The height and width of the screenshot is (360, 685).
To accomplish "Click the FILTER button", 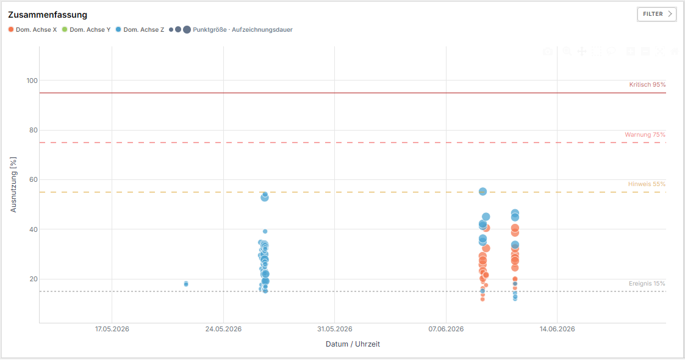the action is click(656, 14).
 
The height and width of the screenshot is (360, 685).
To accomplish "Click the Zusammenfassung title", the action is click(48, 15).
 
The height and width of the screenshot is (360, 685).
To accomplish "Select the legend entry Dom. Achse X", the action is click(32, 30).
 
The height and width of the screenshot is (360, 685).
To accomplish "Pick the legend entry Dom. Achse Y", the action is click(86, 30).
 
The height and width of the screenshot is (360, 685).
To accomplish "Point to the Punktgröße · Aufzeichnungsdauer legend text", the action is click(242, 30).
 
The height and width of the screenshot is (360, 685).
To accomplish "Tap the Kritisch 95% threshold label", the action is click(647, 85).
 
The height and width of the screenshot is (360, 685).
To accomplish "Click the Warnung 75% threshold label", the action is click(645, 135).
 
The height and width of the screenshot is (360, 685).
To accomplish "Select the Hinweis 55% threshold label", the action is click(647, 184).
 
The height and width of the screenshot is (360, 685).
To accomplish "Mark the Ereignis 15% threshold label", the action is click(647, 284).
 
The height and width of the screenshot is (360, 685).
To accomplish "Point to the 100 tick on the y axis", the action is click(32, 81).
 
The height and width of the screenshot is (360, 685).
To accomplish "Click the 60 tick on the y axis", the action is click(34, 179).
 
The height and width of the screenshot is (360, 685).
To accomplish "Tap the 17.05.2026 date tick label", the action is click(112, 329).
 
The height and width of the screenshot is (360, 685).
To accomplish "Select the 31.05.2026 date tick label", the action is click(335, 329).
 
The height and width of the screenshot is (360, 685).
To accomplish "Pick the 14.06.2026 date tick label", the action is click(557, 329).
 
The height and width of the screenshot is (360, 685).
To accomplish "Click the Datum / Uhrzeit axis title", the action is click(353, 344).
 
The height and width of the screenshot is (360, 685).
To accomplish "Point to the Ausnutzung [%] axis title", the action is click(13, 185).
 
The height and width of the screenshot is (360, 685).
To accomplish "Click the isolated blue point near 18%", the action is click(186, 284).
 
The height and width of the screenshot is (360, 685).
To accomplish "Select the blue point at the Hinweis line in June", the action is click(482, 192).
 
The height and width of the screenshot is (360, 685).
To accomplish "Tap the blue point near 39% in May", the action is click(265, 231).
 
